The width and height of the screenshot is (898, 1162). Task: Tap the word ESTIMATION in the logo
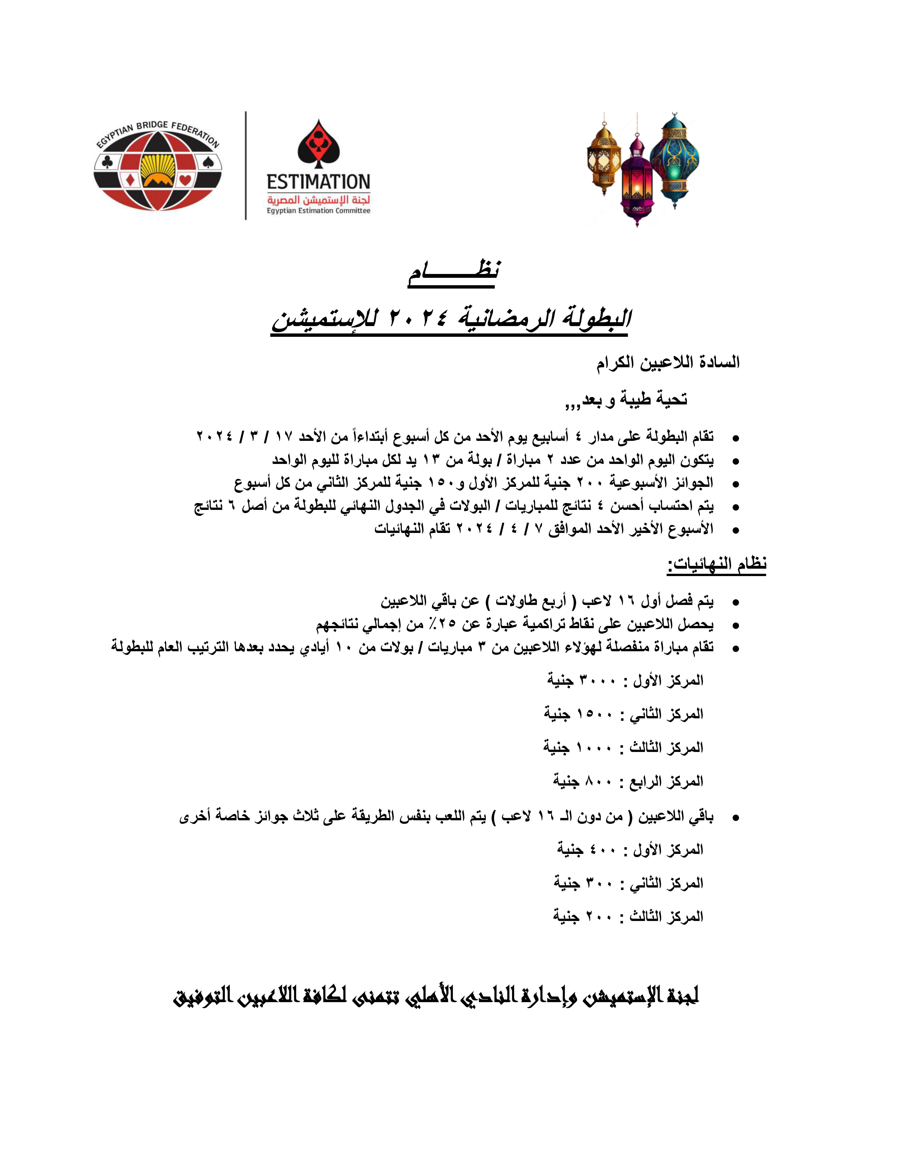[318, 182]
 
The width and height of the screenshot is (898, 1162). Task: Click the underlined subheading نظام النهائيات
[717, 564]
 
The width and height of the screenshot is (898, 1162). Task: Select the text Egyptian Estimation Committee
[318, 211]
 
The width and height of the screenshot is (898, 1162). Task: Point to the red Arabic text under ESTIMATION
[318, 199]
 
